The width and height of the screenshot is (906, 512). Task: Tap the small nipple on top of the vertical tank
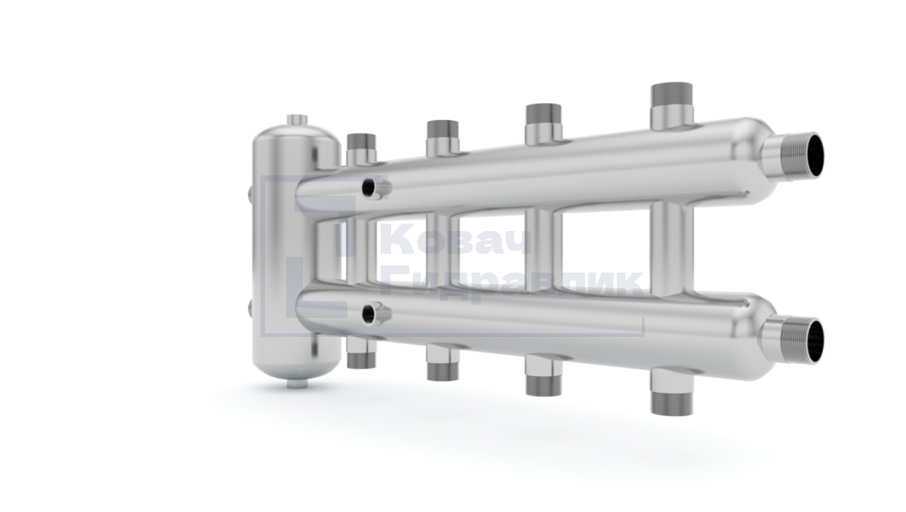(x=297, y=120)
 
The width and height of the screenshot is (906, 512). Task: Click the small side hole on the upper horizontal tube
(x=368, y=187)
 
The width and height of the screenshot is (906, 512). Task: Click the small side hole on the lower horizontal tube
(x=368, y=314)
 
